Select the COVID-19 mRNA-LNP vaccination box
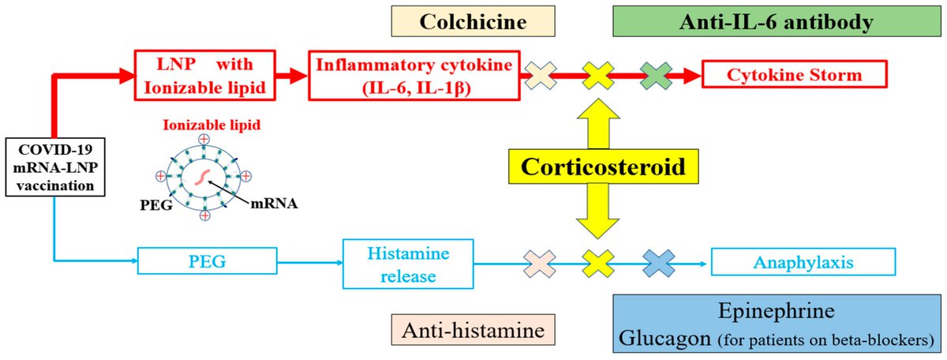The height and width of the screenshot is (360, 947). point(53,167)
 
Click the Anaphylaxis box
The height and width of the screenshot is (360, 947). point(803,261)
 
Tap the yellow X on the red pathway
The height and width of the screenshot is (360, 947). point(599,76)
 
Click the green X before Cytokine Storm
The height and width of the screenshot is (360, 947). point(657,76)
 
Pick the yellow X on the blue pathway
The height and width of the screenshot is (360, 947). point(599,261)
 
